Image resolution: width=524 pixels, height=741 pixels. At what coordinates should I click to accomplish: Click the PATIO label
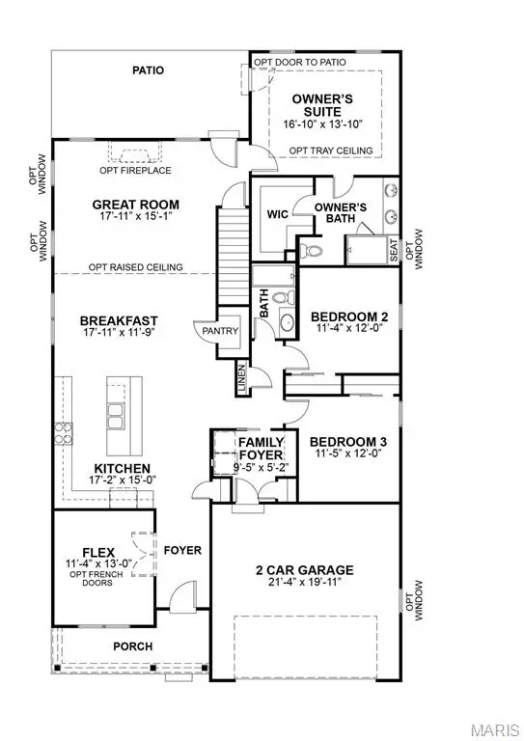point(149,70)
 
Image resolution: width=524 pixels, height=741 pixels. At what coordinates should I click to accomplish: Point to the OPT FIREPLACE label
point(136,171)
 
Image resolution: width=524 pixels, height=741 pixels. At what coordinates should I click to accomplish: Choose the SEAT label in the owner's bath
point(394,249)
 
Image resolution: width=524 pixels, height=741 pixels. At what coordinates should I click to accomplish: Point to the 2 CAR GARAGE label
point(306,569)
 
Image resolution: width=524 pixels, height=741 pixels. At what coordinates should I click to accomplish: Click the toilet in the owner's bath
point(312,250)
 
